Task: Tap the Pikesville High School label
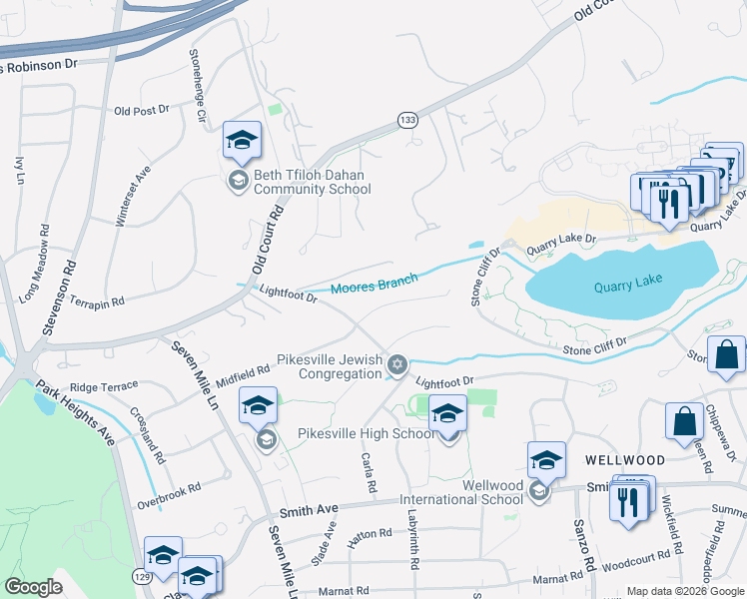tap(367, 433)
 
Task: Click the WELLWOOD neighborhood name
tap(624, 460)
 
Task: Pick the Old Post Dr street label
tap(142, 111)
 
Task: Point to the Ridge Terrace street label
tap(104, 385)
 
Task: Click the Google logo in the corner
tap(33, 587)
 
